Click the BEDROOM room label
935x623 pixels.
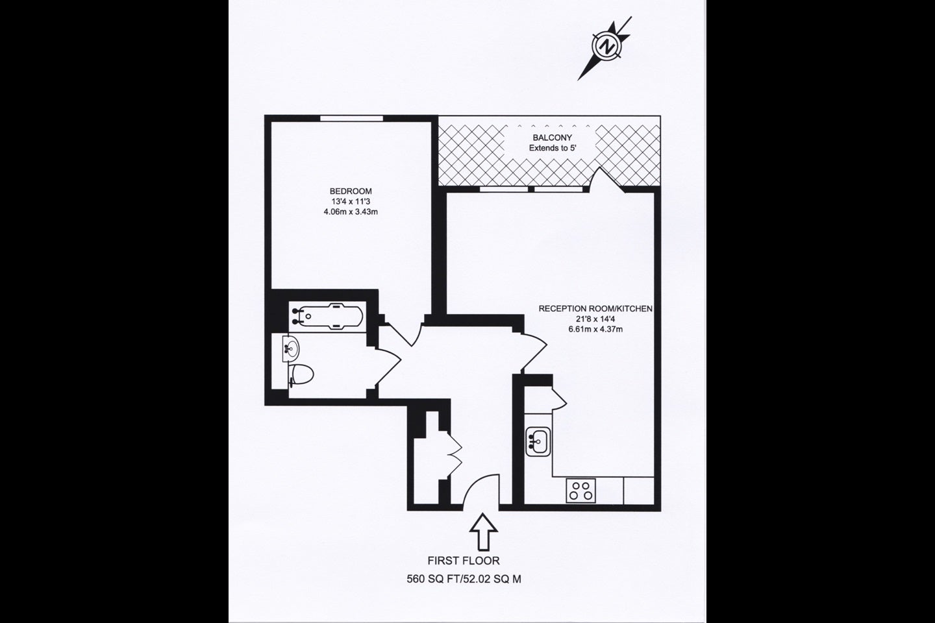click(351, 191)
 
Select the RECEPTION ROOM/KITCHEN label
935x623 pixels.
click(595, 309)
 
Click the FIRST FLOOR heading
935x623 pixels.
click(464, 561)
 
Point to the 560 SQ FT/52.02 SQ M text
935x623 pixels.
click(464, 579)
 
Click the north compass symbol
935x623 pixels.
click(606, 47)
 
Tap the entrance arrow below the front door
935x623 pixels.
click(483, 531)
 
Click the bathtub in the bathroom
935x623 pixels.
click(327, 316)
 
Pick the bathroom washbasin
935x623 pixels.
click(291, 348)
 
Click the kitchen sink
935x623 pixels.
click(538, 441)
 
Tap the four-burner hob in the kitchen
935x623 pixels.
click(580, 491)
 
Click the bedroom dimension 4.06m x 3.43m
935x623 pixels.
click(351, 212)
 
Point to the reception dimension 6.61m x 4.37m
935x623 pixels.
click(595, 329)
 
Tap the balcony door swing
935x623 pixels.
click(607, 179)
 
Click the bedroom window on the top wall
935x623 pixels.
click(351, 118)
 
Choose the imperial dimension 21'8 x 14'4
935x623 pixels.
click(595, 319)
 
